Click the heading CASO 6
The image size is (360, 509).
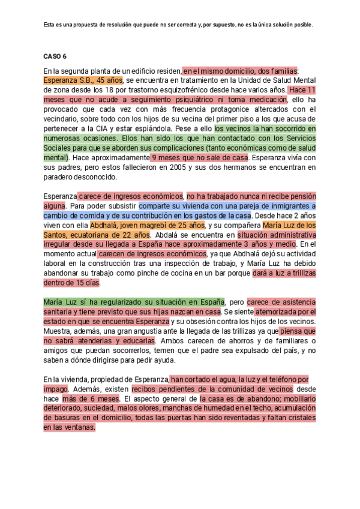pyautogui.click(x=55, y=56)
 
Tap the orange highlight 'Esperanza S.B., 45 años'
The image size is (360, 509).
pyautogui.click(x=83, y=80)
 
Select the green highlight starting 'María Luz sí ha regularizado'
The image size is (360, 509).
pyautogui.click(x=134, y=302)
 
